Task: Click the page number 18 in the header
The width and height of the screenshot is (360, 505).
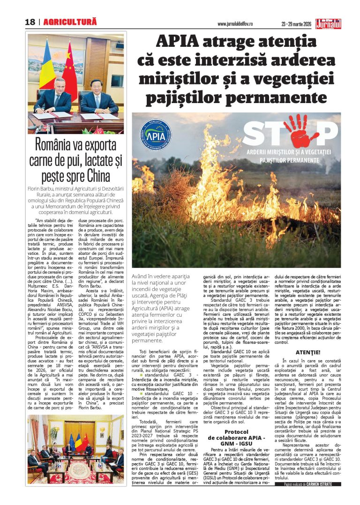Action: pos(30,22)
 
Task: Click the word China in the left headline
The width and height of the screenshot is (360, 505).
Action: pos(99,176)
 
